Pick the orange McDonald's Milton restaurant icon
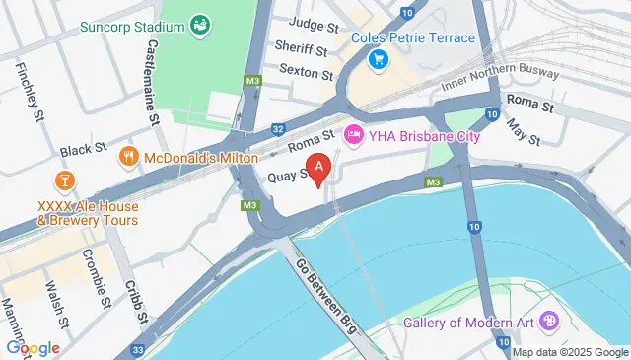tap(128, 157)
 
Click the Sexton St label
tap(304, 71)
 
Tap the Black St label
tap(83, 150)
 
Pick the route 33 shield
tap(135, 349)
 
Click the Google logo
tap(34, 348)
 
